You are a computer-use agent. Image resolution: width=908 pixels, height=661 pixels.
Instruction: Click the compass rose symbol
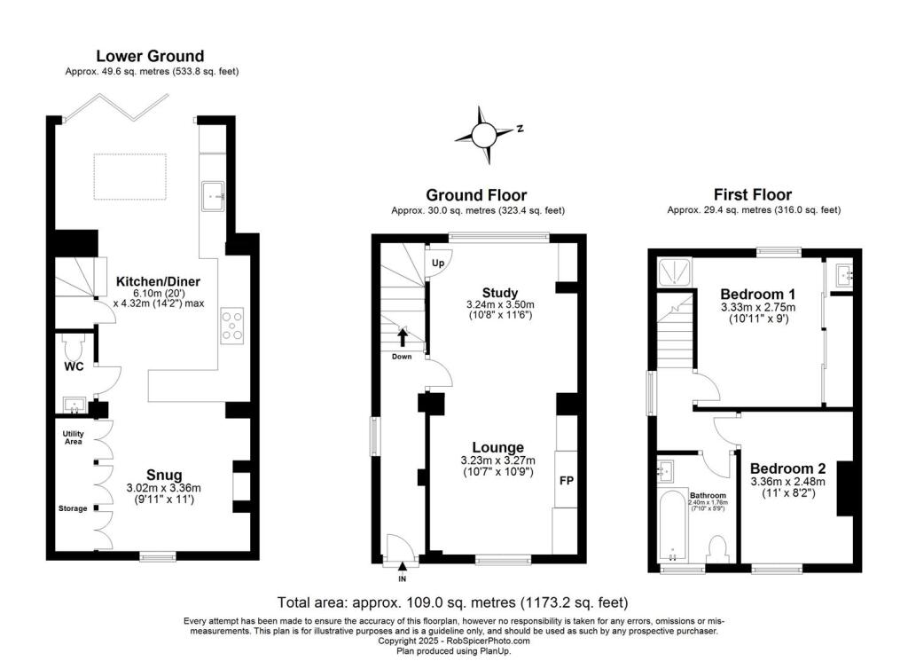tap(484, 135)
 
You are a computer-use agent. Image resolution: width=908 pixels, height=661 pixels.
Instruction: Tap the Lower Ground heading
tap(150, 56)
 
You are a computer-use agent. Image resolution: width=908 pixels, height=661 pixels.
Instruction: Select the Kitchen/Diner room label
tap(158, 282)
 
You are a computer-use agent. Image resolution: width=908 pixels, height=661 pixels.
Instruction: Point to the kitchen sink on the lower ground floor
tap(214, 195)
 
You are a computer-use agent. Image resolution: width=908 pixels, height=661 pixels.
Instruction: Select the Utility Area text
tap(72, 437)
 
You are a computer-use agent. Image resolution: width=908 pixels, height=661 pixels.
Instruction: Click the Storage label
tap(73, 508)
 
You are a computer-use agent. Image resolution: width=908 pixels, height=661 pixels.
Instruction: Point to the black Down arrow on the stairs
tap(403, 337)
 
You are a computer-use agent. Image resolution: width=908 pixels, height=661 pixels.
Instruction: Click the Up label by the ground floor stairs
tap(437, 264)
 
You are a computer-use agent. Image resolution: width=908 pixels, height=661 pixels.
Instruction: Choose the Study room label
tap(499, 293)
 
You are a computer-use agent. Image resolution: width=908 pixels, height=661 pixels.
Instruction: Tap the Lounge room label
tap(497, 447)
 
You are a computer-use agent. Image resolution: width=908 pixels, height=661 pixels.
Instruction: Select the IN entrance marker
tap(402, 579)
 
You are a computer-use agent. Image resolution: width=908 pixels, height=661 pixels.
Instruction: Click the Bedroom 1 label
tap(757, 295)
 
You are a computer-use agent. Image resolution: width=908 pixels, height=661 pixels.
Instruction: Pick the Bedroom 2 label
tap(787, 468)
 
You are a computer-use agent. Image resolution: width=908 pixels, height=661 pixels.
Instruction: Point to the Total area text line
tap(453, 601)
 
